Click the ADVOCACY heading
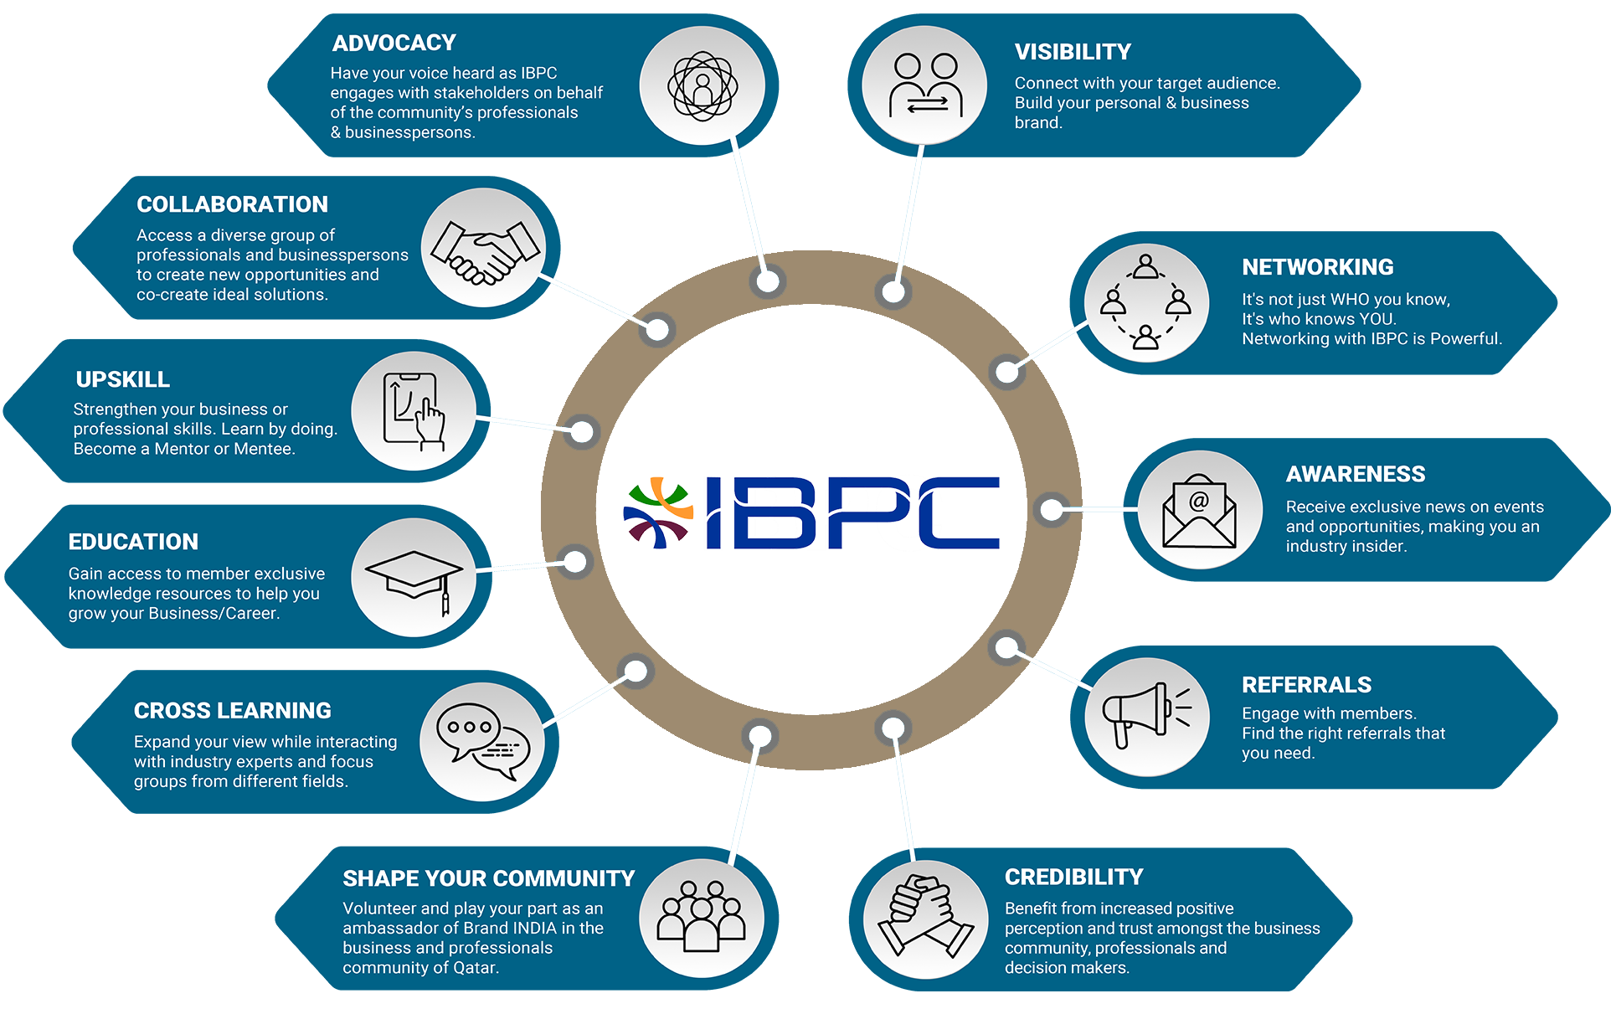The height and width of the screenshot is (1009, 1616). (394, 43)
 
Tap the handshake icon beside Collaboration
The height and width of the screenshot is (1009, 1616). (485, 250)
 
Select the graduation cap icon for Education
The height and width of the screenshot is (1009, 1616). (414, 581)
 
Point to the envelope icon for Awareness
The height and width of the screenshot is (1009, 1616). (1199, 510)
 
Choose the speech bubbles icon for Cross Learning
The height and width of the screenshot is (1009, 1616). (483, 741)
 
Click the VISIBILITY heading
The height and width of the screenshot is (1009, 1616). (1073, 52)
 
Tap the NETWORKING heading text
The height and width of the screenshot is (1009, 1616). (1317, 267)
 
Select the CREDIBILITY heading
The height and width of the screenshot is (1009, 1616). (1073, 877)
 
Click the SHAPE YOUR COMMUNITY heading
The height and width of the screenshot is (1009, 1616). (488, 878)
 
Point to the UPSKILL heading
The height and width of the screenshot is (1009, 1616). (122, 379)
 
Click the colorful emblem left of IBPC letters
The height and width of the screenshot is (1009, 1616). (658, 512)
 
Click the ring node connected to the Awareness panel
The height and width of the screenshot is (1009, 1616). (1051, 509)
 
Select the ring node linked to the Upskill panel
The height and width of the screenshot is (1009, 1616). (582, 432)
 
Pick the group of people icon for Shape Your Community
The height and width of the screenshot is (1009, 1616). (701, 916)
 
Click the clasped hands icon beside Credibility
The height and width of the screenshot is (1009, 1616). (925, 916)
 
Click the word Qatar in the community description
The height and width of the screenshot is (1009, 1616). (476, 968)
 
